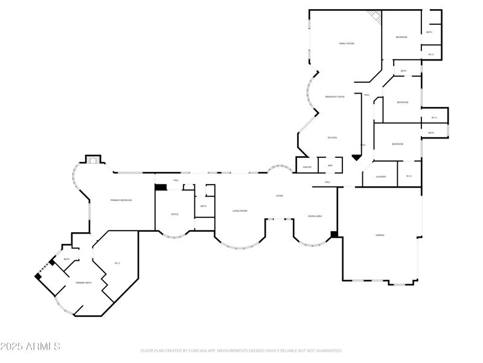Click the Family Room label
click(x=346, y=44)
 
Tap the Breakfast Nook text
click(x=335, y=97)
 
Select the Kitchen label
click(x=332, y=138)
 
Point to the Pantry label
click(x=307, y=166)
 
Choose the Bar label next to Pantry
click(x=330, y=165)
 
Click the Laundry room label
click(x=380, y=177)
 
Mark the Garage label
click(x=380, y=235)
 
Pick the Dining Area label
click(x=315, y=216)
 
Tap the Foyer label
click(x=280, y=196)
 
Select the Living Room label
click(x=240, y=211)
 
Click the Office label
click(x=174, y=214)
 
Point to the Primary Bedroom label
click(x=121, y=200)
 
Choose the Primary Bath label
click(x=83, y=283)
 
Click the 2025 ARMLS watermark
click(x=30, y=347)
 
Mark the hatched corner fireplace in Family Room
click(x=376, y=17)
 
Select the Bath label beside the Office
click(x=203, y=206)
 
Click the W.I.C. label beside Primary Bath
click(x=118, y=263)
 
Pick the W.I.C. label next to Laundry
click(x=409, y=177)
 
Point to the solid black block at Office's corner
click(x=161, y=187)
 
